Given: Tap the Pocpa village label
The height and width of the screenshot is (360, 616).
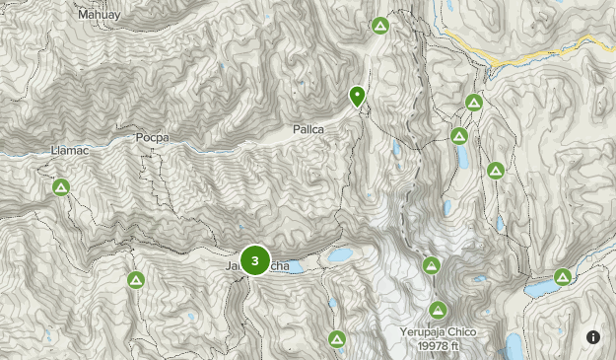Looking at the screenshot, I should coord(153,138).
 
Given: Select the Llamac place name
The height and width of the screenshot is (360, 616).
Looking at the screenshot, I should coord(69,152).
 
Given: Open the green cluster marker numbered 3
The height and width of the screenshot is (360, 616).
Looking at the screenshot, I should coord(255,261).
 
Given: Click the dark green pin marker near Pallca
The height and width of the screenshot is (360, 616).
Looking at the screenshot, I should coord(357,96).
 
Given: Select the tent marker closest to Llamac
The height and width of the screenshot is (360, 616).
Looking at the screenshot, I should coord(61,186).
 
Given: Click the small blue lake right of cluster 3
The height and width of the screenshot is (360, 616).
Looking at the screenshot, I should coord(341,256).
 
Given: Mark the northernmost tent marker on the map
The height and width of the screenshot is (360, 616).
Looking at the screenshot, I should coord(379,26).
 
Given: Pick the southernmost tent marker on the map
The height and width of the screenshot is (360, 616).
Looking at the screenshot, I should coord(337,339).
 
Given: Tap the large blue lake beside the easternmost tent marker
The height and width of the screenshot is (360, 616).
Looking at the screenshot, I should coord(540,290).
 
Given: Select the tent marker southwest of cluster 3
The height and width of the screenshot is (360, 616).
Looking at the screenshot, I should coord(136,282).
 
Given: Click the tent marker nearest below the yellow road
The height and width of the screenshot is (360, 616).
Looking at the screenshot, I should coord(474,102).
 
